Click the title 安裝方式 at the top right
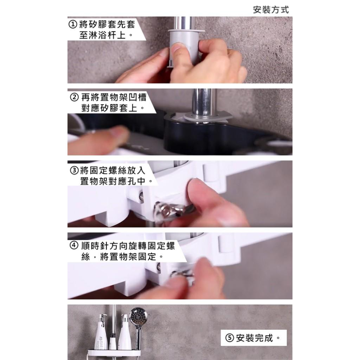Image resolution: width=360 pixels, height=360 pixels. tap(271, 10)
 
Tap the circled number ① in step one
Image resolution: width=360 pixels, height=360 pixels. tap(73, 24)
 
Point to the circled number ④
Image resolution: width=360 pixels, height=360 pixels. tap(73, 247)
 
